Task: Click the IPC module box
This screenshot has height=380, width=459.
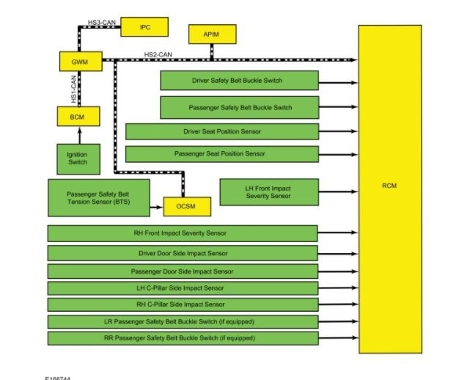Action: (x=144, y=27)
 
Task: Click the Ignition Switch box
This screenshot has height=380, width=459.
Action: (x=78, y=158)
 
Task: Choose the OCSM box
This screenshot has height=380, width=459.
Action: (x=187, y=207)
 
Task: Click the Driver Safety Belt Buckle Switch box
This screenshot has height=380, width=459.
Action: (x=239, y=81)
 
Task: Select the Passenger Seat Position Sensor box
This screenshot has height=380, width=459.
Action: (x=221, y=154)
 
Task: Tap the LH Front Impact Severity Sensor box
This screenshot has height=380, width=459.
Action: (x=269, y=192)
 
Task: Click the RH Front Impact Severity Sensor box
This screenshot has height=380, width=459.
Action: (x=182, y=233)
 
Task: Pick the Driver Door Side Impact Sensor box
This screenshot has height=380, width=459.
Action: (x=182, y=253)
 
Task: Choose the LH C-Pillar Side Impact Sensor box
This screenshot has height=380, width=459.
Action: (x=182, y=288)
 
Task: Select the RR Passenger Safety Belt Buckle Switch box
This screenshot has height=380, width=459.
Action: (x=182, y=338)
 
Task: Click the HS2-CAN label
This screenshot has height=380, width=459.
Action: (x=158, y=54)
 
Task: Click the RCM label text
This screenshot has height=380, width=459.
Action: (x=389, y=186)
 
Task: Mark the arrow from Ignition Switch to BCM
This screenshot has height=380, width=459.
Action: (x=78, y=134)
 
